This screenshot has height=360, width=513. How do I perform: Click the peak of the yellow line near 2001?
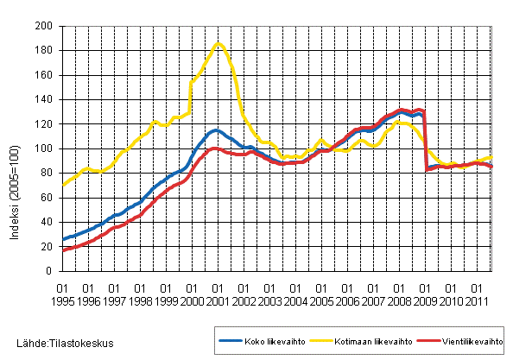218,44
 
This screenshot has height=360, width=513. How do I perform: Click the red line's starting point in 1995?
63,249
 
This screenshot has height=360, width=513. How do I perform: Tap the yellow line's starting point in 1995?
63,185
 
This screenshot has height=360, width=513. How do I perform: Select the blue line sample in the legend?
228,341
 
